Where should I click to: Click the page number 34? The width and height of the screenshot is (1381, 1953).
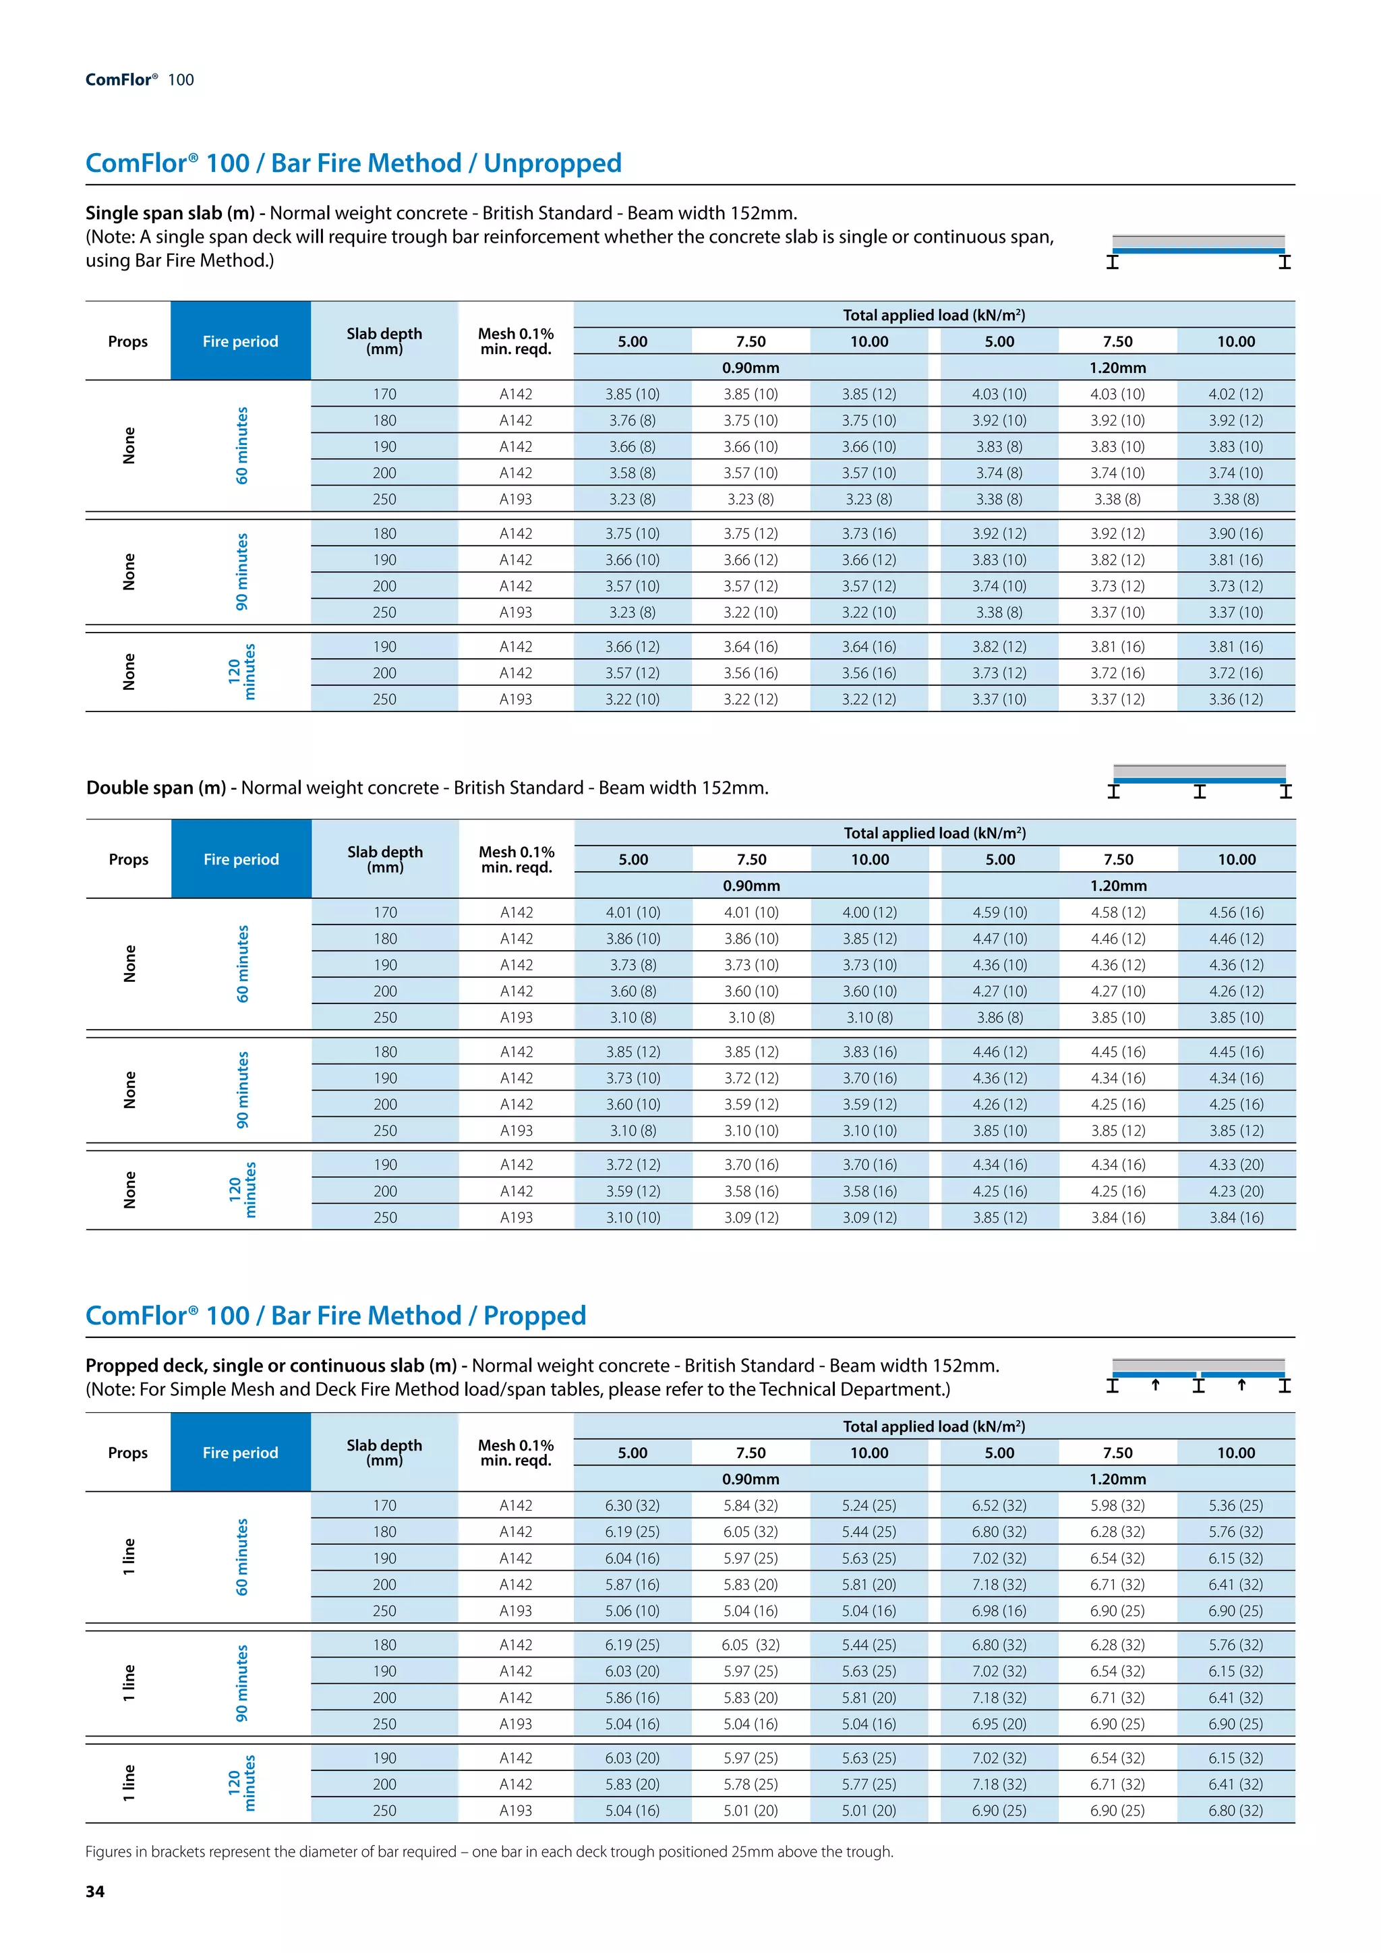(x=94, y=1892)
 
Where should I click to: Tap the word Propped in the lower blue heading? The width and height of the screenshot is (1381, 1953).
(x=534, y=1315)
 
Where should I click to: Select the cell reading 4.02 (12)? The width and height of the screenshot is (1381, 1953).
(x=1235, y=394)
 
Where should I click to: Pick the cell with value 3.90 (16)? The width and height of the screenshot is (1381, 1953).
(x=1235, y=533)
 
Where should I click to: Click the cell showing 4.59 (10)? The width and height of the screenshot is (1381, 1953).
(x=999, y=912)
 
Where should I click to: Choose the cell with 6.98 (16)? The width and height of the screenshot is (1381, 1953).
(x=999, y=1610)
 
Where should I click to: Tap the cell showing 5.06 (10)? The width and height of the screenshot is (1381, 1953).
(x=632, y=1610)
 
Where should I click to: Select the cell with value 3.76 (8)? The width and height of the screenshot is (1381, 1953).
(x=632, y=420)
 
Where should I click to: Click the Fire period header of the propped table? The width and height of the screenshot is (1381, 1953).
(x=241, y=1453)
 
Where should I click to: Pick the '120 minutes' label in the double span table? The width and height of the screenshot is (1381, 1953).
(x=241, y=1190)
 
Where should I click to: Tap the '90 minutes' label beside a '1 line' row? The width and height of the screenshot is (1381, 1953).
(x=241, y=1683)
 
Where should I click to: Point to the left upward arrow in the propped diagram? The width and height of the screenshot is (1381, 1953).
(x=1155, y=1384)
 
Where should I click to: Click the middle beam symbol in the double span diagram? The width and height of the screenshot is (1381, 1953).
(x=1199, y=792)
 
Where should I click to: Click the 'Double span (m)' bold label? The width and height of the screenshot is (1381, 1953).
(x=156, y=788)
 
